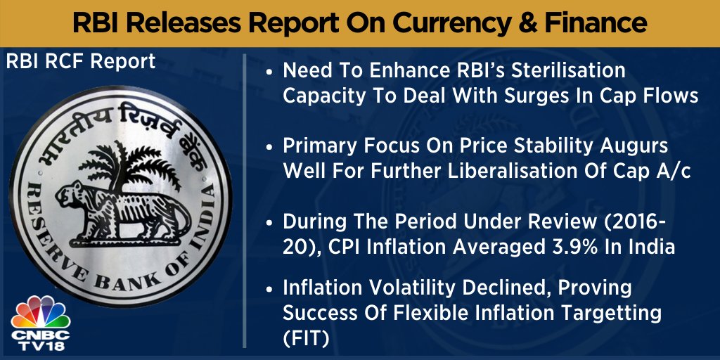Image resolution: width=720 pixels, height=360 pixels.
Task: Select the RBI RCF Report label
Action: (x=80, y=62)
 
